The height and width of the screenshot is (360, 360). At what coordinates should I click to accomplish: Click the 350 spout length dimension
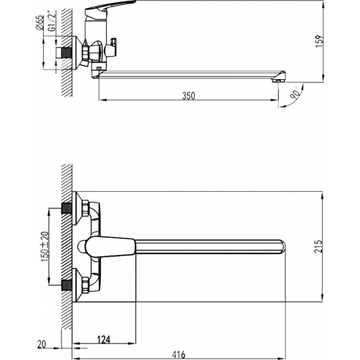point(189,96)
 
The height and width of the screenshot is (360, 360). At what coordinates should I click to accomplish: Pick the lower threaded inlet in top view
point(65,285)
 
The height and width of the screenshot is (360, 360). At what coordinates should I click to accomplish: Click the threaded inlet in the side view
point(65,53)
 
